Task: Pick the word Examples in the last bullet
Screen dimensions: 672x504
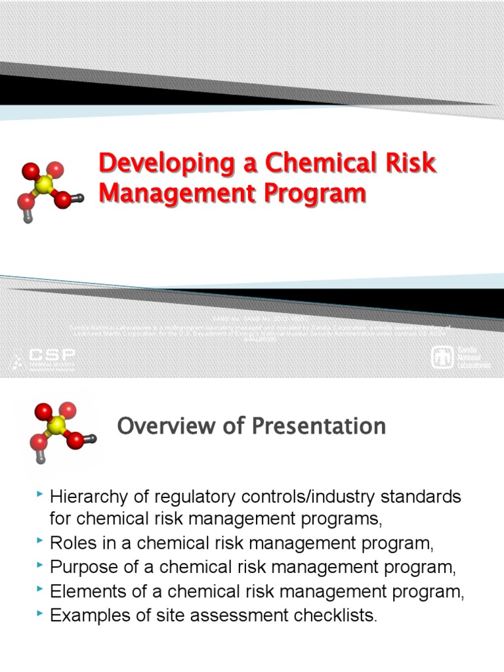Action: pos(85,616)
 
